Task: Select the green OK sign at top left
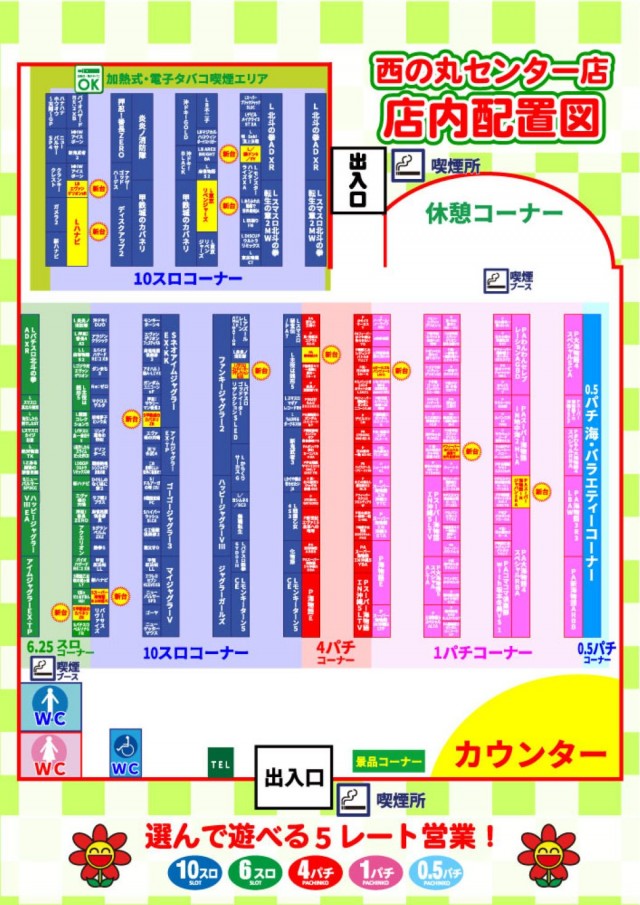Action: tap(89, 77)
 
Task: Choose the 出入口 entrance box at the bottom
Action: tap(292, 777)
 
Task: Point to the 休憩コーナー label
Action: tap(493, 213)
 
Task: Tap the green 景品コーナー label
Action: tap(389, 761)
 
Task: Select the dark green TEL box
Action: tap(222, 762)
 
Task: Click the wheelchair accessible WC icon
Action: tap(125, 752)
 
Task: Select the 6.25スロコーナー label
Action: tap(60, 647)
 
